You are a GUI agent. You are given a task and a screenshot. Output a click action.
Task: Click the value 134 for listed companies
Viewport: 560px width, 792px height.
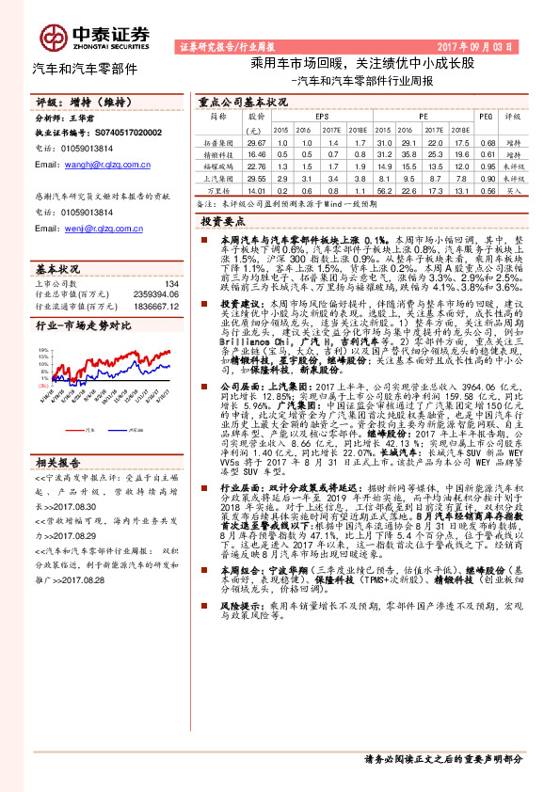pyautogui.click(x=171, y=283)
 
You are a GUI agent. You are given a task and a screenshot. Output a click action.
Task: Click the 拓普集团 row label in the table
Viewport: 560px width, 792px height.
pyautogui.click(x=216, y=141)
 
